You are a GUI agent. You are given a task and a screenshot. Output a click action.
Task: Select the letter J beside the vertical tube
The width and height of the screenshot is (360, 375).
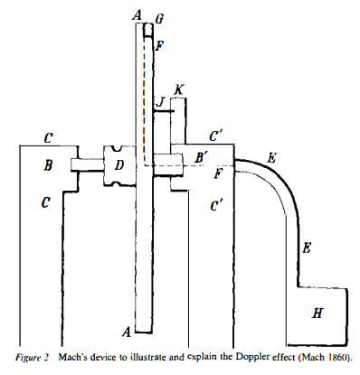[x=159, y=101]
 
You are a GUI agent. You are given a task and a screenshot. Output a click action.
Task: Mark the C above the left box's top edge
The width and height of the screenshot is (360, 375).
[x=48, y=137]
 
